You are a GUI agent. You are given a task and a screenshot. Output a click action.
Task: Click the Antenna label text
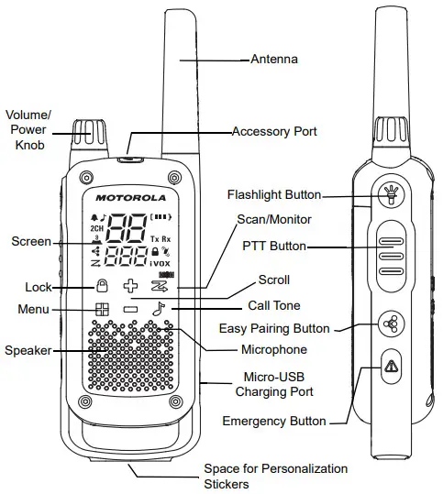coord(274,60)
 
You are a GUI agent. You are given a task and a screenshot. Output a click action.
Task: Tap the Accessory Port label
coord(274,132)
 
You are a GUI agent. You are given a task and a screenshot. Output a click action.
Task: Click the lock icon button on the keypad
coord(102,286)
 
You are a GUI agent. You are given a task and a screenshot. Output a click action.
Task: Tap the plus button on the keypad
coord(130,286)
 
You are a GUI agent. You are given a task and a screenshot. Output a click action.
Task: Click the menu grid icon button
coord(102,310)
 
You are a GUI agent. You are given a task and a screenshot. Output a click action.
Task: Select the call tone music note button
coord(159,310)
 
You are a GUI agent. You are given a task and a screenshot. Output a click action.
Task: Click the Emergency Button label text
coord(274,422)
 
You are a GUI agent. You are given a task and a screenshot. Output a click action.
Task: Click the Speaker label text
coord(27,350)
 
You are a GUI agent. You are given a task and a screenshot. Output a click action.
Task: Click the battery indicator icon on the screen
coord(161,218)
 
